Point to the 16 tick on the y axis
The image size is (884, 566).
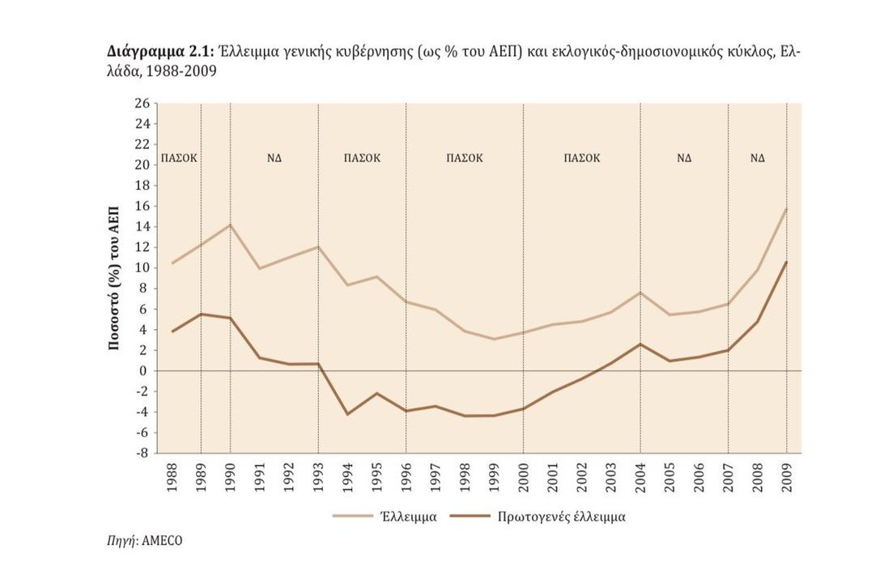pyautogui.click(x=143, y=206)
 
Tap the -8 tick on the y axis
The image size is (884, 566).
pyautogui.click(x=143, y=454)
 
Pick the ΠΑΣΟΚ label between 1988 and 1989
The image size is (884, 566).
pyautogui.click(x=180, y=158)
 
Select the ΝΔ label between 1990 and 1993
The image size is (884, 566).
pyautogui.click(x=274, y=158)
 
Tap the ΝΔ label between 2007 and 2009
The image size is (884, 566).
pyautogui.click(x=757, y=158)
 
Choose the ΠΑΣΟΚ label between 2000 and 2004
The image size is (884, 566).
pyautogui.click(x=582, y=158)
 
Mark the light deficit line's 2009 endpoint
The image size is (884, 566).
pyautogui.click(x=786, y=209)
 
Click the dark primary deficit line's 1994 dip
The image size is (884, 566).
pyautogui.click(x=347, y=414)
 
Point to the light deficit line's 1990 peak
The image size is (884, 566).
pyautogui.click(x=230, y=225)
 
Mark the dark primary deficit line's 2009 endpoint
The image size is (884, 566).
pyautogui.click(x=786, y=262)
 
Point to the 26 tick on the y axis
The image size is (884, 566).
pyautogui.click(x=143, y=103)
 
